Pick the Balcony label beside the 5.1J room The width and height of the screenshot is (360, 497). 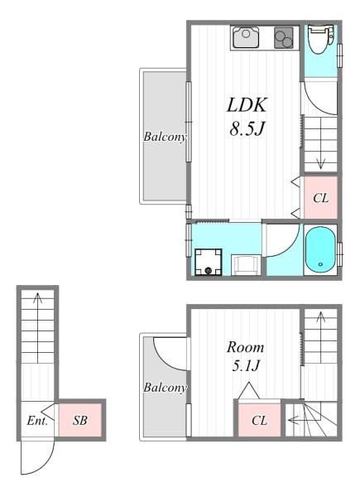pos(163,387)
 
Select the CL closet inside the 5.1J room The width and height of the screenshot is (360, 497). pos(259,421)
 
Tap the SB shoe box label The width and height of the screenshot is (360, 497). pos(80,421)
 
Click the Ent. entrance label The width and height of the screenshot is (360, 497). pos(36,421)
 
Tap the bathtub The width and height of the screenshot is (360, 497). pos(319,249)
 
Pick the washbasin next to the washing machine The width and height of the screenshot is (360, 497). pos(245,264)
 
